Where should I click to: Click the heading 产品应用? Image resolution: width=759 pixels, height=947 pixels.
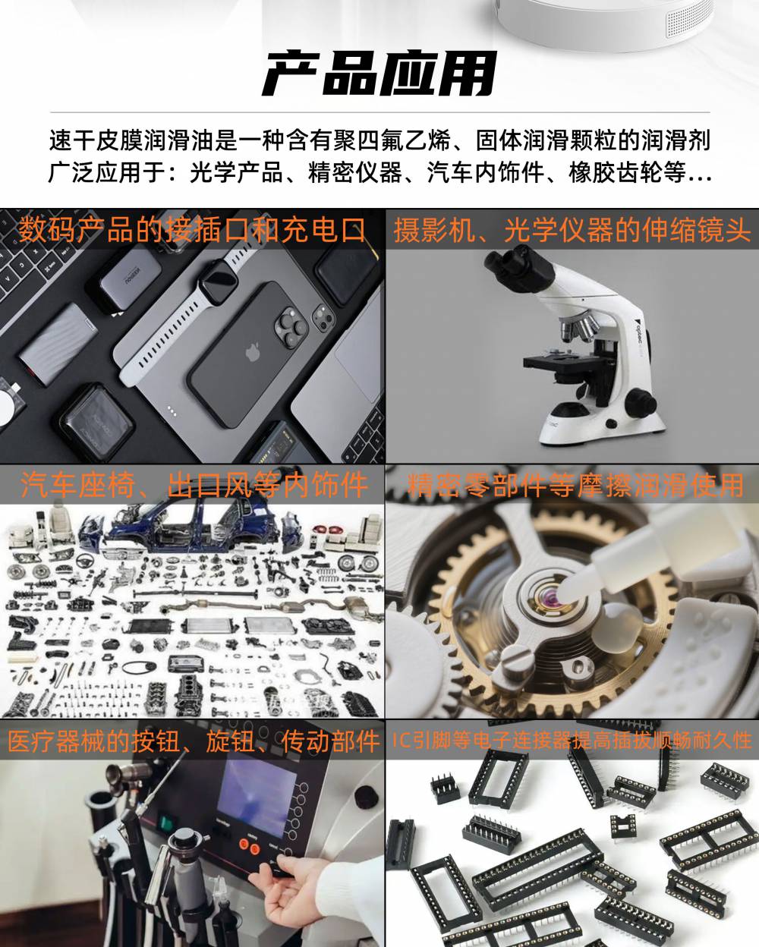[x=379, y=74]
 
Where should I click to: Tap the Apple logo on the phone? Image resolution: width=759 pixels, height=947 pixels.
[x=252, y=352]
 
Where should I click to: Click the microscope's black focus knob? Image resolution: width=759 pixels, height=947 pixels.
[x=641, y=401]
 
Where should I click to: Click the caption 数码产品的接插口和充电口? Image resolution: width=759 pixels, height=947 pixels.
[x=192, y=230]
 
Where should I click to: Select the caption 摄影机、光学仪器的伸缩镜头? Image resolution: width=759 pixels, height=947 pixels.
[x=572, y=230]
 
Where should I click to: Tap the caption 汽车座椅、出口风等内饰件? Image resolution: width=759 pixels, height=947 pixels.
[x=194, y=485]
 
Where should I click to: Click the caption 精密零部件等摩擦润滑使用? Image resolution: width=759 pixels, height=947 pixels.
[x=575, y=485]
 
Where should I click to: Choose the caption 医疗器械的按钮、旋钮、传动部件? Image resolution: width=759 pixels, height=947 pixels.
[x=194, y=741]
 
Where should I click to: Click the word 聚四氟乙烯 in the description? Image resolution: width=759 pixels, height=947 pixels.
[x=391, y=140]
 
